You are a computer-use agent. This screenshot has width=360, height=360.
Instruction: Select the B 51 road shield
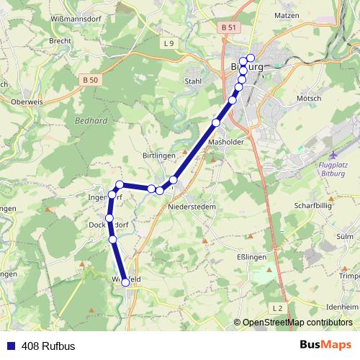[230, 27]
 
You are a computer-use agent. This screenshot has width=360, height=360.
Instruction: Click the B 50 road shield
[90, 80]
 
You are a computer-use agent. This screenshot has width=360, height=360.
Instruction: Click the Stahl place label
[193, 81]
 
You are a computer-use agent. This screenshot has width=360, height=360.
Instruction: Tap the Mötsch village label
[307, 98]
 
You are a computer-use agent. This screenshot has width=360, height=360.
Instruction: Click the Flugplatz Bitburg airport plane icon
[331, 156]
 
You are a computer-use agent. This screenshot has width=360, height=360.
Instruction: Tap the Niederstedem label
[192, 206]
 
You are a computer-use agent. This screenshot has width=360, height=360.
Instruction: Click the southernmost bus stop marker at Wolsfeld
[125, 283]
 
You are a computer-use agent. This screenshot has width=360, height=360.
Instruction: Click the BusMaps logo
[325, 345]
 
